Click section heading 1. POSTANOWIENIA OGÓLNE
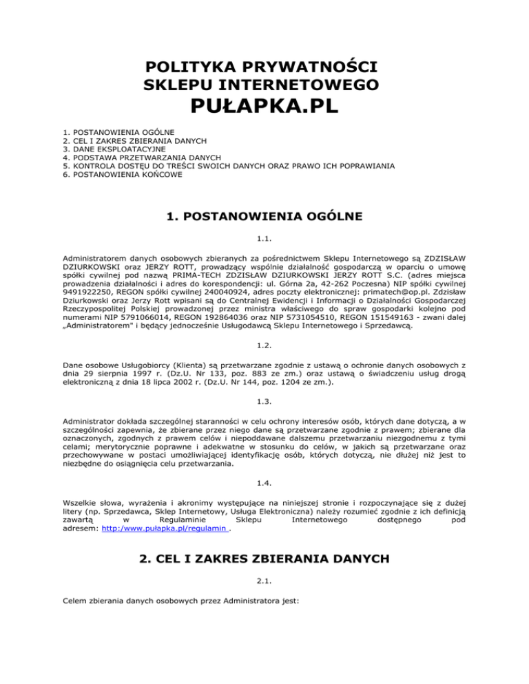264,217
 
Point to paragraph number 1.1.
264,239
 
